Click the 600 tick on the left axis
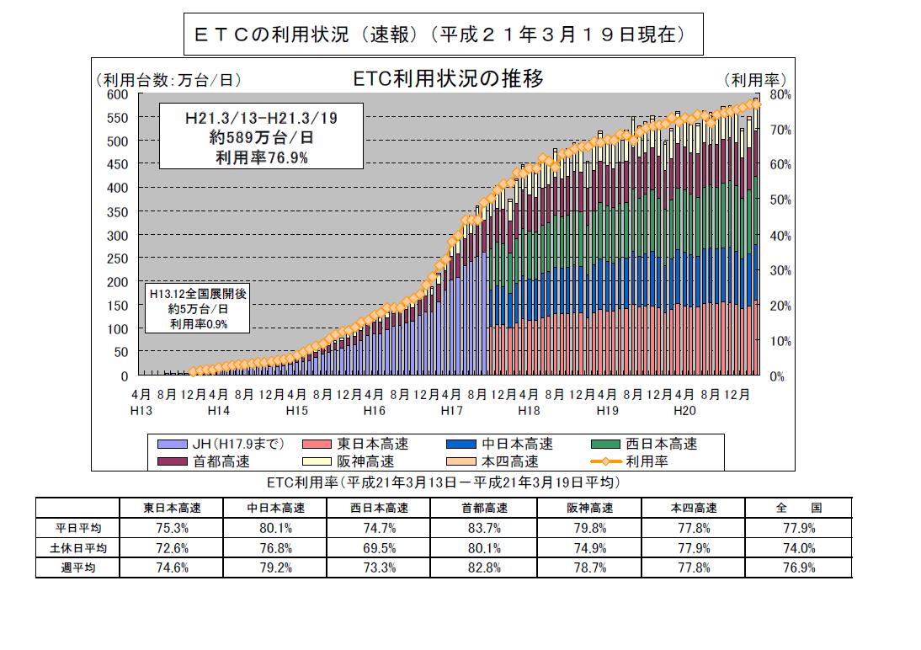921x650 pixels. click(x=117, y=94)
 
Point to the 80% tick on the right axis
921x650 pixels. click(x=780, y=94)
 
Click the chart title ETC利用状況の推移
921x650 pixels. click(x=448, y=78)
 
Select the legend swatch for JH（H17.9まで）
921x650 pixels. click(x=172, y=444)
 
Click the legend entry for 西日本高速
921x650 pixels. click(x=644, y=444)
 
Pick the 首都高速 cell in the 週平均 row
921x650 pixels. click(x=484, y=567)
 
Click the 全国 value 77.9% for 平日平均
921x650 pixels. click(x=799, y=528)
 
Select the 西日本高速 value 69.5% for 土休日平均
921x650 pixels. click(x=380, y=548)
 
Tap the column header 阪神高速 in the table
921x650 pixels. click(x=589, y=508)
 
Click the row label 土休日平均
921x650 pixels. click(x=78, y=548)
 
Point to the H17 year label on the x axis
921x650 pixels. click(x=452, y=411)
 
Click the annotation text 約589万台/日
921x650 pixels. click(x=261, y=137)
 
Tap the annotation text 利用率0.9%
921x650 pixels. click(x=199, y=324)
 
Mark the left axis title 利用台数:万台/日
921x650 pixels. click(x=169, y=80)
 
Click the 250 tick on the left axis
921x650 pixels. click(x=117, y=258)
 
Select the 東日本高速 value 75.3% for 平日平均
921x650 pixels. click(x=172, y=528)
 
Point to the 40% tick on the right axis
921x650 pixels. click(x=780, y=236)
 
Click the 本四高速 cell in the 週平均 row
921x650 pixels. click(x=694, y=567)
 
